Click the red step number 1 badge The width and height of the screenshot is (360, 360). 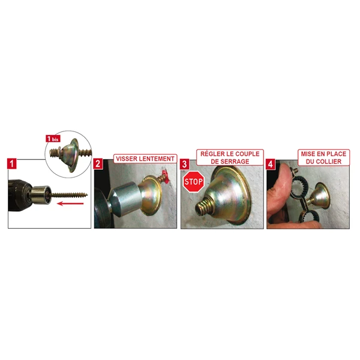12,164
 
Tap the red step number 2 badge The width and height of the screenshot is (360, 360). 98,164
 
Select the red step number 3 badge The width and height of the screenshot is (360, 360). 185,164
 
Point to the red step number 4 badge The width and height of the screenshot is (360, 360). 270,164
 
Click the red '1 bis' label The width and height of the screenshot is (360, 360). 53,139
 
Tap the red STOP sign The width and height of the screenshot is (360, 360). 193,182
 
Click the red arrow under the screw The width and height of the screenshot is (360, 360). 70,203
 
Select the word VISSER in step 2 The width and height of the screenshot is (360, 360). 126,158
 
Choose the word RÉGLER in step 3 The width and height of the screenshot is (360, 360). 209,154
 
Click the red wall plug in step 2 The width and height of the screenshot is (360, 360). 166,176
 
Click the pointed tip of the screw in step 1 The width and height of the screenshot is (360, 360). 87,194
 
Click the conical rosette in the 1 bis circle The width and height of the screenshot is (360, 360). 71,155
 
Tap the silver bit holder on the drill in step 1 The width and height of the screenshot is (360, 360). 40,194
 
